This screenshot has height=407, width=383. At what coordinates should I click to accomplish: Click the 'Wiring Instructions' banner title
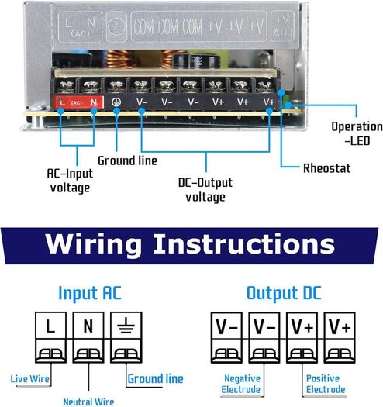[190, 244]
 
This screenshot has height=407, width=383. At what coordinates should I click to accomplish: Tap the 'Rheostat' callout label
[326, 168]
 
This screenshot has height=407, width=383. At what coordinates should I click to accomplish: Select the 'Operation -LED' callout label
[357, 133]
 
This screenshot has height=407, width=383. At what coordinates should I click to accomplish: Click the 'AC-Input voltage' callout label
[70, 181]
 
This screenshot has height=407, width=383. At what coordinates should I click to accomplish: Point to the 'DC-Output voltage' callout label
[205, 190]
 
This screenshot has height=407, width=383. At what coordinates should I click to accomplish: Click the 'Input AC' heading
[90, 293]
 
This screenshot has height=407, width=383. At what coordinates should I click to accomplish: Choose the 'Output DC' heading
[284, 293]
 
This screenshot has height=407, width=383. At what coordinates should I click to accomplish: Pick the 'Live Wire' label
[29, 379]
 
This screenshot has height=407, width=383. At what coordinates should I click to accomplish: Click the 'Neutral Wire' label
[88, 402]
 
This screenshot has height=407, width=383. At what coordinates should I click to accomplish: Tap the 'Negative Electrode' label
[240, 384]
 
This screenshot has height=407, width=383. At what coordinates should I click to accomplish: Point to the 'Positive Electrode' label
[326, 384]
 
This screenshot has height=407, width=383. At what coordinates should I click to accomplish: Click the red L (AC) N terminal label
[78, 102]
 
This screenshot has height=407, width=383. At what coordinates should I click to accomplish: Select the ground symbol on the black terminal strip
[116, 102]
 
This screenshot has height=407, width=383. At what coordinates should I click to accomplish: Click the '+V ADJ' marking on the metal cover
[282, 26]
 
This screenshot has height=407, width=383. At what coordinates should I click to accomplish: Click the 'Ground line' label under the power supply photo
[127, 160]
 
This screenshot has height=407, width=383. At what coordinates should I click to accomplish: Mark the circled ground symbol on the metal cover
[116, 26]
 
